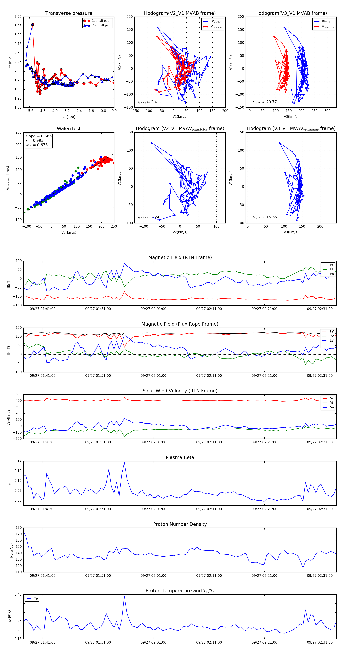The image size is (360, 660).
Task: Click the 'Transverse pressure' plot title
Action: [69, 13]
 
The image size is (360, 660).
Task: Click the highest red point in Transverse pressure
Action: [33, 24]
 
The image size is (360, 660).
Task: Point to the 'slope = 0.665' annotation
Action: [38, 136]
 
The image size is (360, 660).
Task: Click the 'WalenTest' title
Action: [69, 129]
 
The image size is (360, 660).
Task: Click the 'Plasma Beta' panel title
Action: [180, 457]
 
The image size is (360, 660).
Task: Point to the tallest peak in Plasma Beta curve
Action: [124, 462]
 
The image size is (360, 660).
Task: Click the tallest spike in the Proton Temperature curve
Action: [124, 596]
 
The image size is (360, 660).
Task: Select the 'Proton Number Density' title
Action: [180, 524]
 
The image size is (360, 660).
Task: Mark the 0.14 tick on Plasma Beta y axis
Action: [18, 461]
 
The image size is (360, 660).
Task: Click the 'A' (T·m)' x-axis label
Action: [69, 117]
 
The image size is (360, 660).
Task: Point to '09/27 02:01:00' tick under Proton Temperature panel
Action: [153, 642]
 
